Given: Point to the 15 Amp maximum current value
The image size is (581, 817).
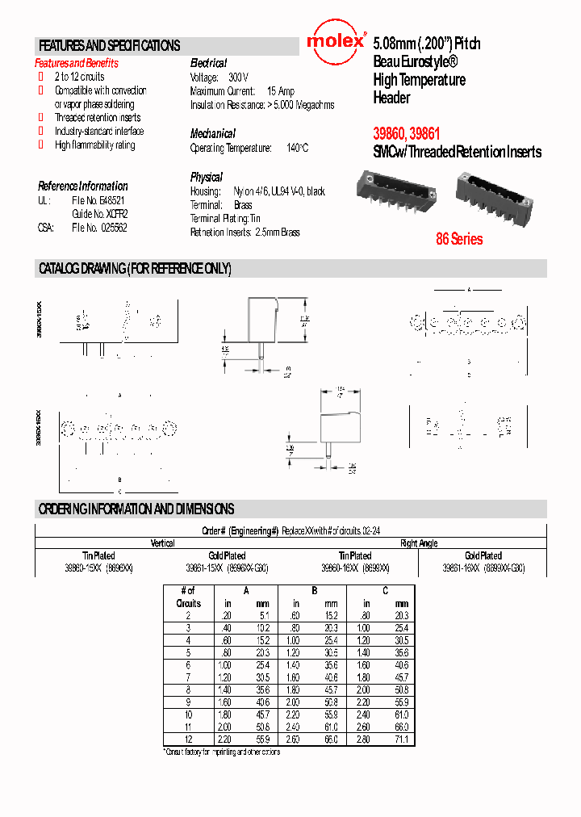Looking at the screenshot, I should (281, 91).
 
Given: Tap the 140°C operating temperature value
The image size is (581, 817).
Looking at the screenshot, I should (297, 149).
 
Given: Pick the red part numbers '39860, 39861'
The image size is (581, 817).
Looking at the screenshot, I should (407, 134).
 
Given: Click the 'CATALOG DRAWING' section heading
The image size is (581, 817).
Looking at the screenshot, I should (135, 269).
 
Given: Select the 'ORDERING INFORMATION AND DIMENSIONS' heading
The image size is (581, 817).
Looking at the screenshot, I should (136, 509).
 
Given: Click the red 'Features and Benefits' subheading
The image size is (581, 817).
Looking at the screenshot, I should (76, 63).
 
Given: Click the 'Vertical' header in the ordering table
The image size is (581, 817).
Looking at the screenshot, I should (163, 543).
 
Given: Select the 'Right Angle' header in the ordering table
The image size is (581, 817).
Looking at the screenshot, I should (419, 543).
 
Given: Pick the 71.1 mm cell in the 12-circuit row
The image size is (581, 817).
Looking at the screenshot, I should (401, 739).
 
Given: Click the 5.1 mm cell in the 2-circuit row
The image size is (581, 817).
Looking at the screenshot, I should (263, 615).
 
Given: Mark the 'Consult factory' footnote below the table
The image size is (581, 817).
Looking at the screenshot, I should (221, 752).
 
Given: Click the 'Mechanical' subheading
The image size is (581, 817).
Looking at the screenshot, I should (212, 134).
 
